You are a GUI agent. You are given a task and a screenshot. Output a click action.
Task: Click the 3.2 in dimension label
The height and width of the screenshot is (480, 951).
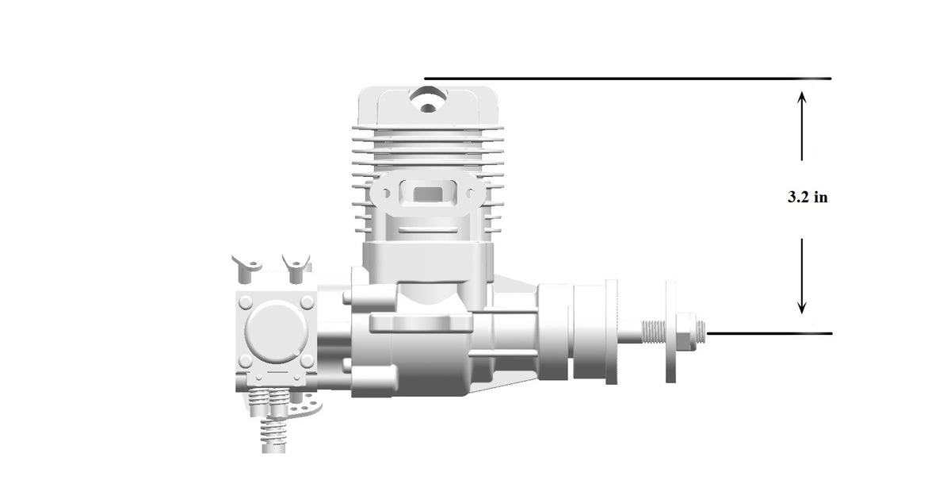coord(808,198)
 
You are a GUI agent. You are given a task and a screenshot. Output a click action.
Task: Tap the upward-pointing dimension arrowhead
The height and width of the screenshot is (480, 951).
coord(801,97)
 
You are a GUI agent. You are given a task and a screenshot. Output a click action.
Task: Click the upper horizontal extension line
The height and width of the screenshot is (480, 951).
coord(628,79)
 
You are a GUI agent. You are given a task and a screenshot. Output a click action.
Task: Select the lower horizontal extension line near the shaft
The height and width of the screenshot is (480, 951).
coord(770,334)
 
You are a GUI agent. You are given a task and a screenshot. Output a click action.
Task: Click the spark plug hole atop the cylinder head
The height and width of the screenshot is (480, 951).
coord(428,99)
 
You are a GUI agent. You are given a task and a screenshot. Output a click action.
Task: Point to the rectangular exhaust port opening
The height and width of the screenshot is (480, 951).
coord(428,194)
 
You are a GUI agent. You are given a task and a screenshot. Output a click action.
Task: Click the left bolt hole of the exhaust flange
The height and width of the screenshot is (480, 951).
coord(386,194)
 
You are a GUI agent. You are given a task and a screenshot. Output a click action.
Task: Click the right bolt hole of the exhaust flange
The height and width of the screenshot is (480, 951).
coord(470,194)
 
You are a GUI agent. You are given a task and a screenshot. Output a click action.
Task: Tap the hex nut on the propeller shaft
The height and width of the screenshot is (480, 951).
coord(686,332)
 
